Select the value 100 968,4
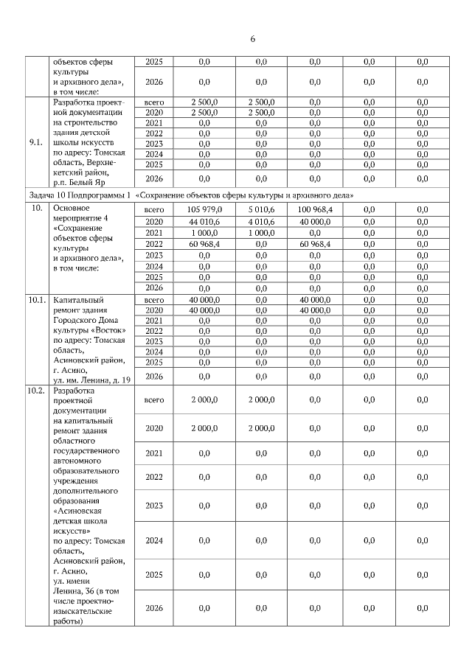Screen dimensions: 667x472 click(x=314, y=209)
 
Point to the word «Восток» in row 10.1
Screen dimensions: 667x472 click(x=111, y=331)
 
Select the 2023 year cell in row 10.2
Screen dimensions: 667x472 click(x=153, y=506)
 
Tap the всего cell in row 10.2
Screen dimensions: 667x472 click(x=153, y=399)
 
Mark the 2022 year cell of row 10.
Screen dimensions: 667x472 click(x=153, y=244)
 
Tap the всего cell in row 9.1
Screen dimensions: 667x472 click(x=153, y=102)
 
